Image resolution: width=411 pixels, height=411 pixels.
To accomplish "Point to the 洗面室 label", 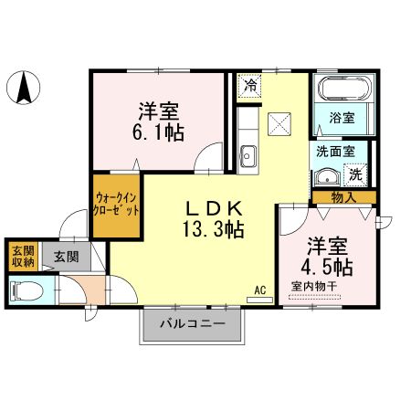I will click(x=336, y=152).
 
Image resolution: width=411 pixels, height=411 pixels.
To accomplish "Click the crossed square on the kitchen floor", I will click(x=278, y=123).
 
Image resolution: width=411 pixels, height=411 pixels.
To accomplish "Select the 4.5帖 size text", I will click(x=327, y=269).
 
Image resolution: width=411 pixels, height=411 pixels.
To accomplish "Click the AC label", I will click(x=259, y=290).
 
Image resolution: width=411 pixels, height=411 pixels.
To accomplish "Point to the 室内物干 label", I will click(x=313, y=287).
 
